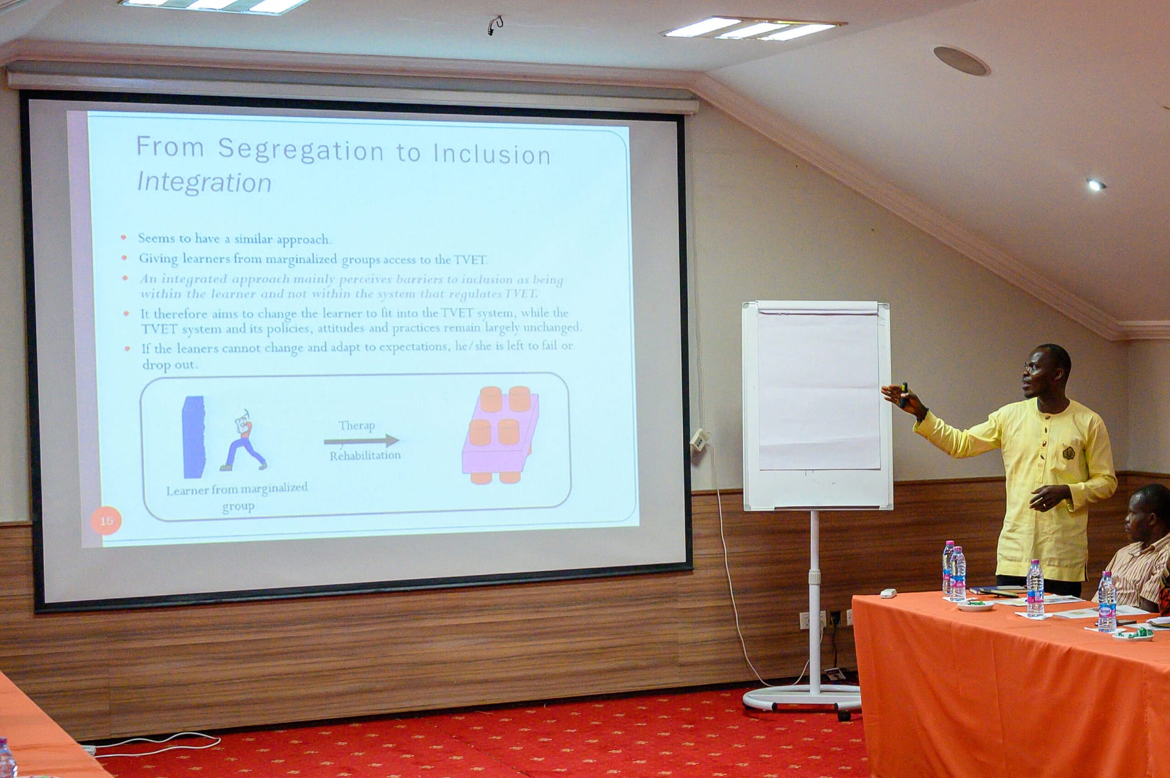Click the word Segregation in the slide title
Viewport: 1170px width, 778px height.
pyautogui.click(x=300, y=150)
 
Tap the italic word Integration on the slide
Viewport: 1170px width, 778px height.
pyautogui.click(x=204, y=182)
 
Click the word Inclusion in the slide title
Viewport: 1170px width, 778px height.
pyautogui.click(x=492, y=154)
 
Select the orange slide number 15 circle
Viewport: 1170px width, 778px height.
pyautogui.click(x=106, y=521)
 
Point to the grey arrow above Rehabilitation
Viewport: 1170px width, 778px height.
pyautogui.click(x=361, y=440)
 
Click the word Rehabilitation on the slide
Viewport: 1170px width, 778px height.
pyautogui.click(x=365, y=456)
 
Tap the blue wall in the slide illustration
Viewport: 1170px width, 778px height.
pyautogui.click(x=194, y=437)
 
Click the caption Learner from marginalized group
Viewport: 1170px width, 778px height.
pyautogui.click(x=237, y=497)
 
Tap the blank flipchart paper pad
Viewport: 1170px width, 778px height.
pyautogui.click(x=818, y=390)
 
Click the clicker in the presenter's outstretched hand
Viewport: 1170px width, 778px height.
pyautogui.click(x=904, y=394)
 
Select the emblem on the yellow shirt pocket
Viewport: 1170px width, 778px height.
pyautogui.click(x=1068, y=453)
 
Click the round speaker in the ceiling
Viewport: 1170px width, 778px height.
pyautogui.click(x=961, y=61)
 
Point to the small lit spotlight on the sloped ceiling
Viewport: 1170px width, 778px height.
pyautogui.click(x=1095, y=185)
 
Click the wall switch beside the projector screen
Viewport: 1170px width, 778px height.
pyautogui.click(x=699, y=439)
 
